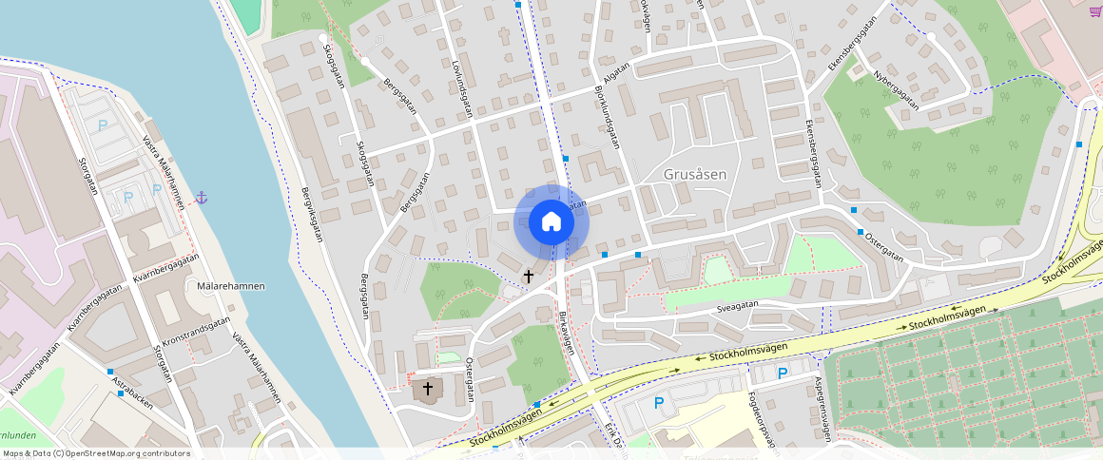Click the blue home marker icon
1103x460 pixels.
click(x=551, y=222)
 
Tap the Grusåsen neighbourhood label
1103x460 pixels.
click(x=695, y=175)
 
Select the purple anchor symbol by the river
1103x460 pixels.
click(x=202, y=198)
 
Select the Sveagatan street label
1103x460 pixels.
click(x=738, y=306)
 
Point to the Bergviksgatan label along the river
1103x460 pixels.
click(x=306, y=216)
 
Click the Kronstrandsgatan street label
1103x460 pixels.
click(x=197, y=334)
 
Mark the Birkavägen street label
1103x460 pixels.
click(x=567, y=333)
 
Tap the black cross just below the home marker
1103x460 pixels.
click(x=529, y=276)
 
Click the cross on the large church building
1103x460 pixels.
click(x=428, y=389)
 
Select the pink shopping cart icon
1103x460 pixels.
click(x=1094, y=10)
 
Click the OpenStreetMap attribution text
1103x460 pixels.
click(x=96, y=453)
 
